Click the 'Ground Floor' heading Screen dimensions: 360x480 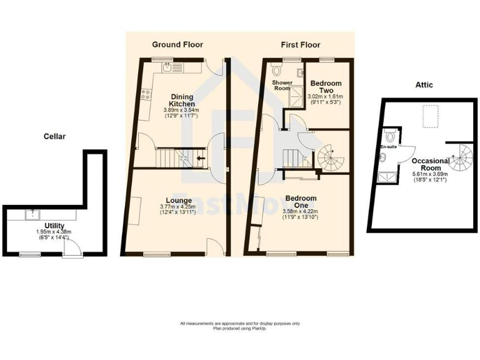pyautogui.click(x=177, y=45)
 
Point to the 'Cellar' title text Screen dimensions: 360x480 pyautogui.click(x=54, y=136)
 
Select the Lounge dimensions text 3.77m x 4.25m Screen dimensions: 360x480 pyautogui.click(x=178, y=207)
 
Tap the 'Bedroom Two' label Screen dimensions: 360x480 pyautogui.click(x=326, y=87)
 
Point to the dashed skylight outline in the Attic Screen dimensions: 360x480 pyautogui.click(x=430, y=116)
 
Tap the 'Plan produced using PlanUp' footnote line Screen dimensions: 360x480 pyautogui.click(x=239, y=328)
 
